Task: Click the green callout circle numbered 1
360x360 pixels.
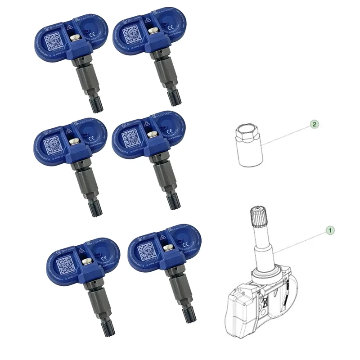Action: (x=330, y=230)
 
